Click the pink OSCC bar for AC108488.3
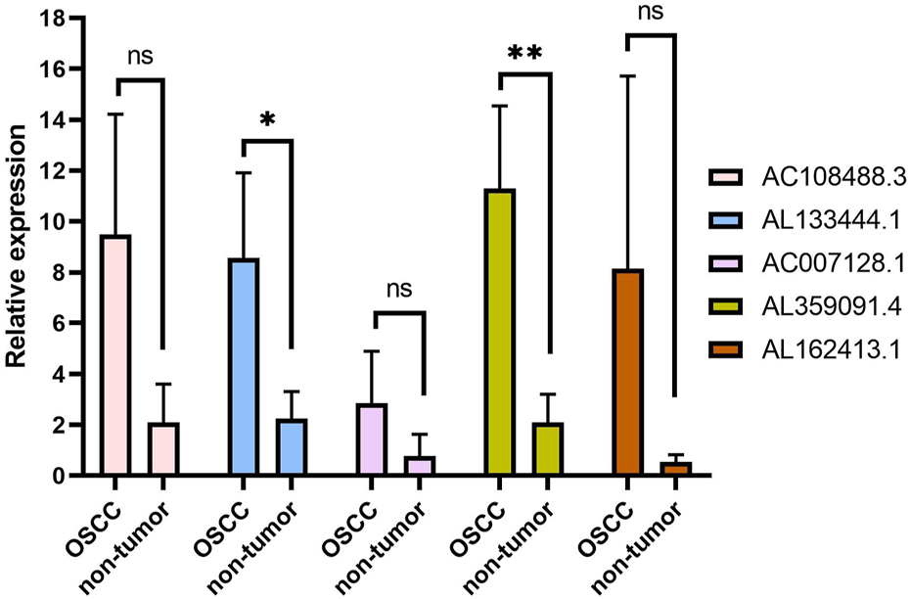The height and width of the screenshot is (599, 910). click(115, 355)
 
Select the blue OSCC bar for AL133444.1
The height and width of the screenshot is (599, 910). click(243, 367)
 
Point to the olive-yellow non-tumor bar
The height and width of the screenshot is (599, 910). click(548, 449)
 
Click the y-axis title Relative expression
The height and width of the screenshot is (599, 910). click(18, 248)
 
